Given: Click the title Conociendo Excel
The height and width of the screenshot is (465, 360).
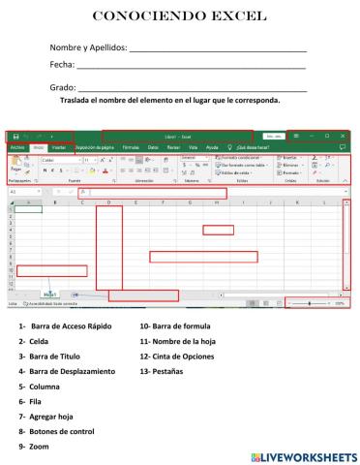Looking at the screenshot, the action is [x=179, y=16].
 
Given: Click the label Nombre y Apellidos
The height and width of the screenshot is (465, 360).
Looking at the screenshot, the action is [x=88, y=48].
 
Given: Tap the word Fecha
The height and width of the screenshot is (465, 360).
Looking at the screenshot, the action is [x=61, y=65].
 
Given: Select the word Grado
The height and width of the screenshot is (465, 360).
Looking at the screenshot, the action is [x=62, y=88].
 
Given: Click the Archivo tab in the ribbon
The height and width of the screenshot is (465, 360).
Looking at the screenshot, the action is [x=17, y=147].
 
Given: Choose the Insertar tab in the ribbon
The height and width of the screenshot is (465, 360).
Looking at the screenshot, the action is [x=58, y=147].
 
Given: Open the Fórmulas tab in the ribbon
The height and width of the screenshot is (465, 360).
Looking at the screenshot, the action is [x=131, y=147].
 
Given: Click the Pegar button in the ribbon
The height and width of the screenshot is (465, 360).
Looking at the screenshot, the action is [x=16, y=167].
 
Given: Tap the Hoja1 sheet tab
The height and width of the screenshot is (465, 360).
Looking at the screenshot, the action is [x=49, y=293].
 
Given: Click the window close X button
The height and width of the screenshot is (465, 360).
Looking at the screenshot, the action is [x=343, y=136].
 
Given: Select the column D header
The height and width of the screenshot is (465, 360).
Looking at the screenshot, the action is [x=108, y=202].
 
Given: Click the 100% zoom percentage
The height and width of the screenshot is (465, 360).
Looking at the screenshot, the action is [x=340, y=303].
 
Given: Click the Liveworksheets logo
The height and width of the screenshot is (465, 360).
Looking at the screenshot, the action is [x=303, y=454].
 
